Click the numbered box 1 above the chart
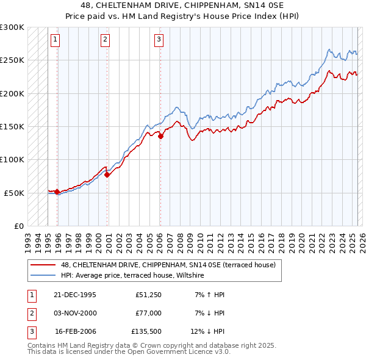point(55,40)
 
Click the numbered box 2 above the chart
point(105,40)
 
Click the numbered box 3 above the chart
point(158,40)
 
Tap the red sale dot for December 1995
point(57,192)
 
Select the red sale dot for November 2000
point(107,175)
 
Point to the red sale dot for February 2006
point(160,136)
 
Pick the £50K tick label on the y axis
point(13,193)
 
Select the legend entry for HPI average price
point(132,276)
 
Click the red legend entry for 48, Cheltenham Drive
point(168,265)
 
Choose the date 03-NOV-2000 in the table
point(75,312)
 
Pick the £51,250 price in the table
point(148,295)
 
